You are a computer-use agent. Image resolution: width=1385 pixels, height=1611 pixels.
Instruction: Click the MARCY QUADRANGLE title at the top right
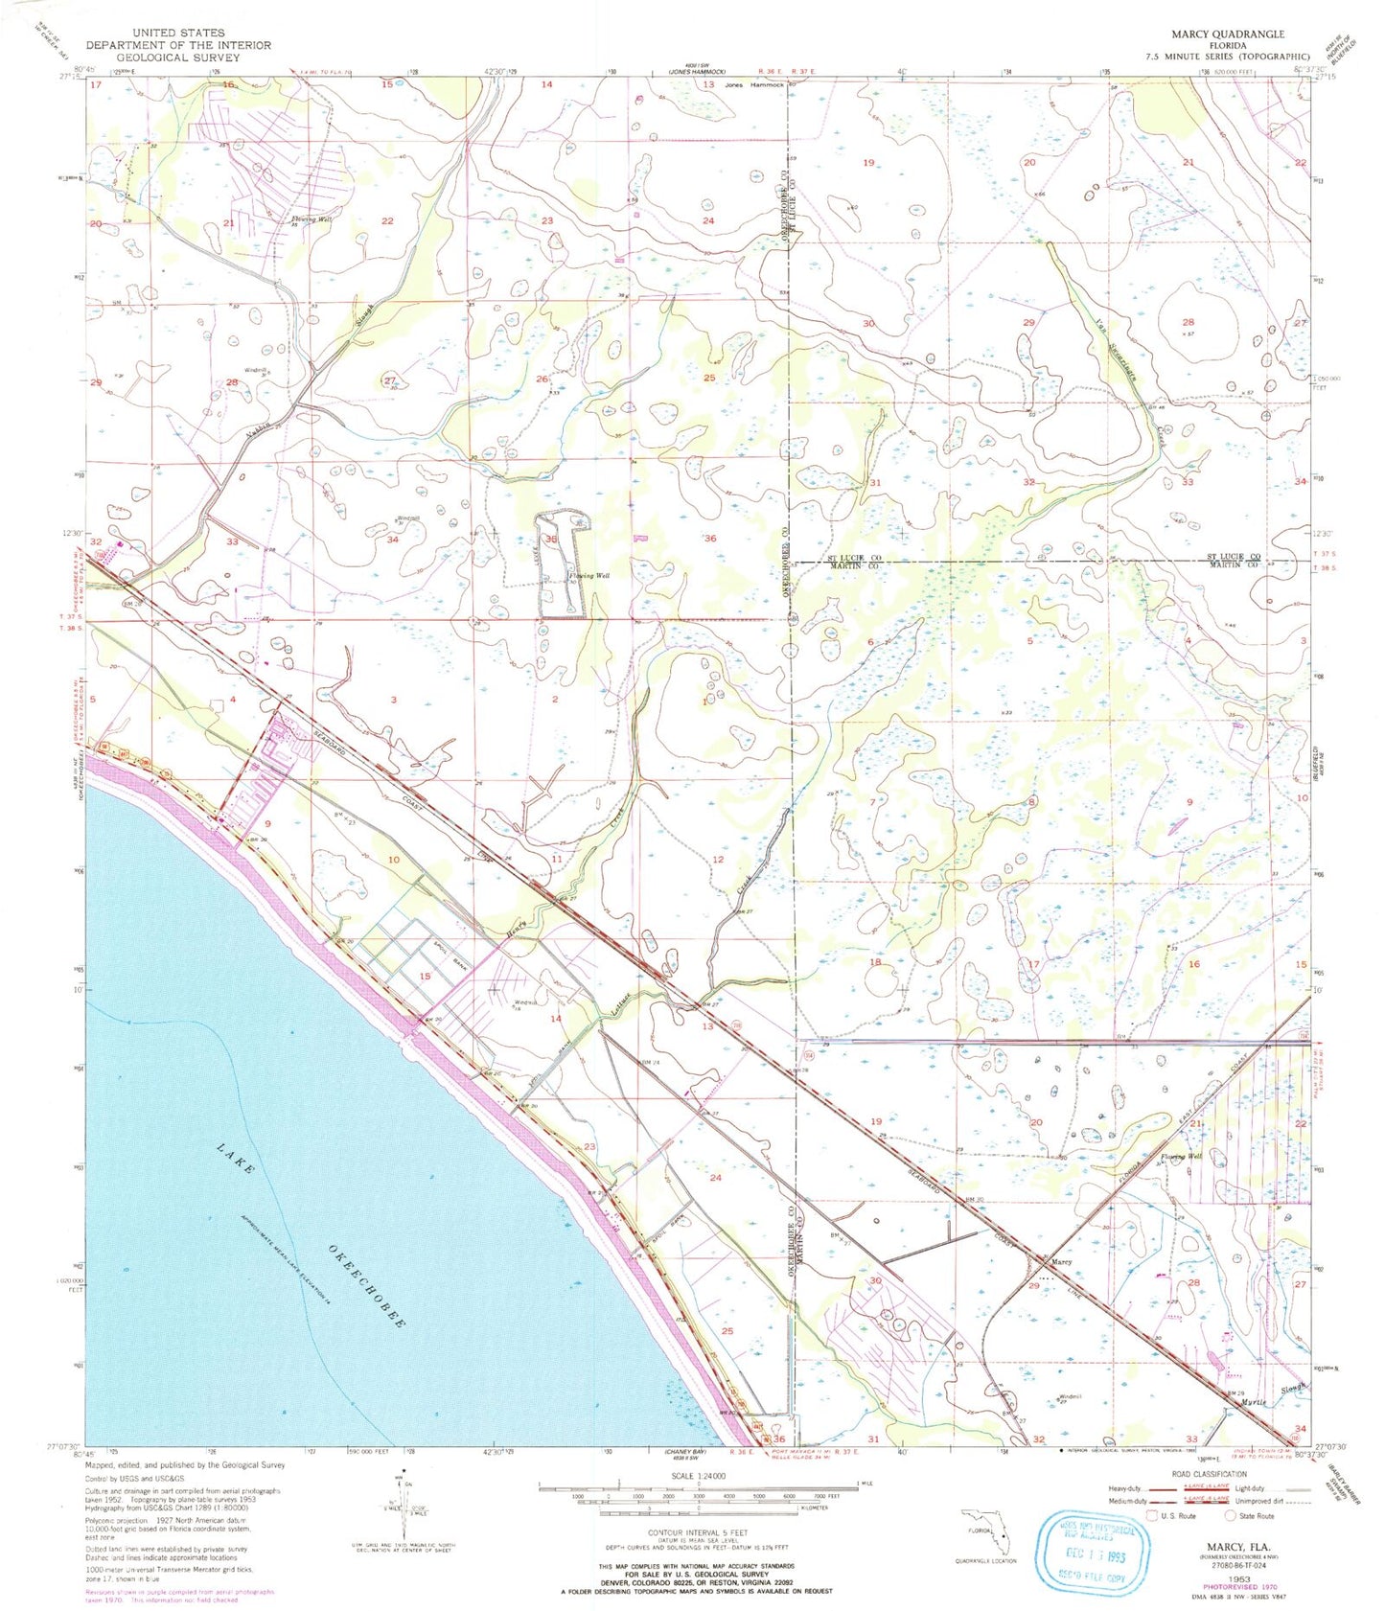(x=1228, y=34)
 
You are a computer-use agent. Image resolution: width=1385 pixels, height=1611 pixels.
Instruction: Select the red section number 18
(x=874, y=961)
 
